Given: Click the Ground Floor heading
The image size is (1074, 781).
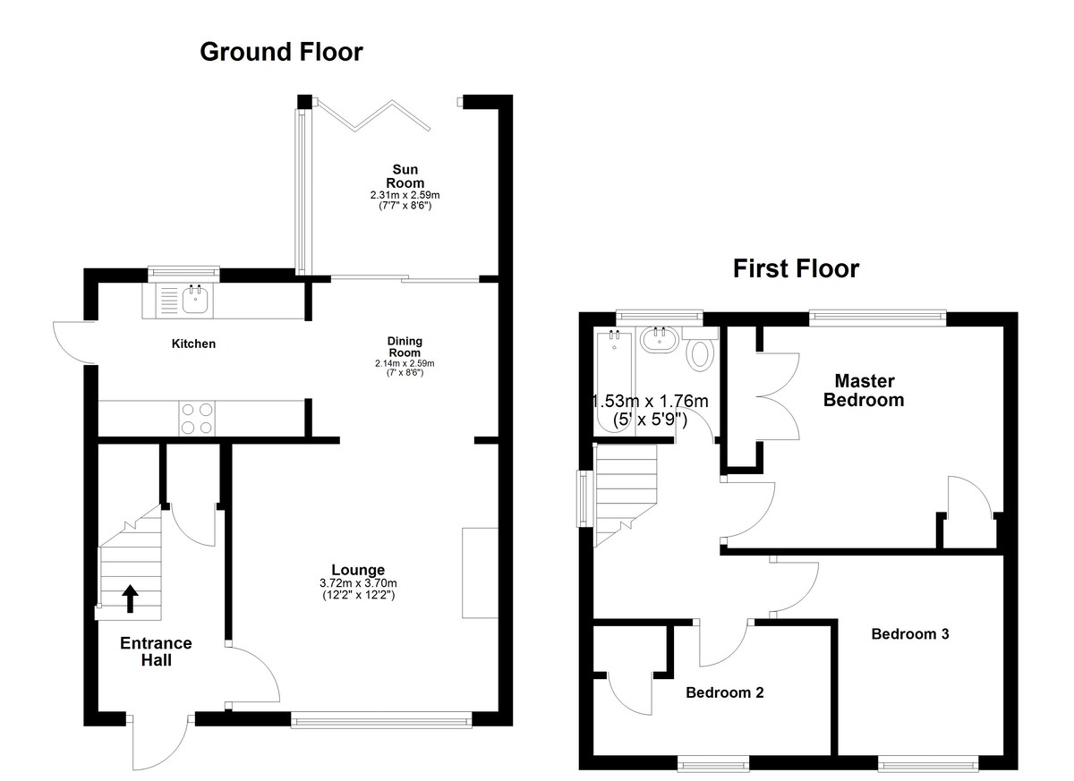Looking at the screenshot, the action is tap(281, 52).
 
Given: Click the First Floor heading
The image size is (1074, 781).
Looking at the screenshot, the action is tap(796, 268).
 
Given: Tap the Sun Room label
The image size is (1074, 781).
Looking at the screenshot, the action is tap(405, 176).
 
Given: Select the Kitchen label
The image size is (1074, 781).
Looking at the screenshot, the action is tap(193, 344).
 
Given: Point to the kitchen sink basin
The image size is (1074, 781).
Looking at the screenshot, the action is tap(196, 301).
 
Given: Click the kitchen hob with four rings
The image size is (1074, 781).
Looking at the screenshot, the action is tap(197, 419).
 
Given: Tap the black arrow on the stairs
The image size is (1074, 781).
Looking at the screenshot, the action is tap(130, 598).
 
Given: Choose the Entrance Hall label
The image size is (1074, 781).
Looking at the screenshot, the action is tap(157, 651).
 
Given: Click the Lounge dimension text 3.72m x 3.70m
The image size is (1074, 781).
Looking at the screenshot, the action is tap(358, 583).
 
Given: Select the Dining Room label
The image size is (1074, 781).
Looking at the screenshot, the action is tap(405, 347).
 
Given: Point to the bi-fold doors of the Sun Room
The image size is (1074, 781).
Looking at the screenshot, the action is tap(373, 115).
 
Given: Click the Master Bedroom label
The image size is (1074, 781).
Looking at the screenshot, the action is tap(864, 390).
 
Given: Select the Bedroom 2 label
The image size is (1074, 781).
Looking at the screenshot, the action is tap(724, 692).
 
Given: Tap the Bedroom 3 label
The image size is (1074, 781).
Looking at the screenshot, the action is tap(910, 634).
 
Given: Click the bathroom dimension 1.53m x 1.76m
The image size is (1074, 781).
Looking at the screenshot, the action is tap(650, 401).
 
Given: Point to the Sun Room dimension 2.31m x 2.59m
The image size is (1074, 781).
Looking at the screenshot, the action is tap(405, 196).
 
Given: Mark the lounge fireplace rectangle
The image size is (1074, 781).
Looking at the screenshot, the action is tap(480, 573).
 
